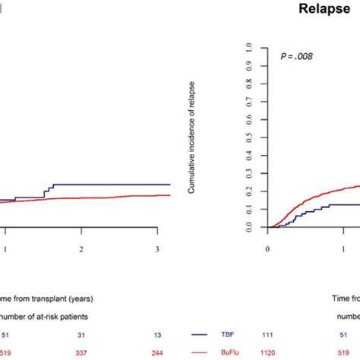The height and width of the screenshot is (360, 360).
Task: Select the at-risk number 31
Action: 81,332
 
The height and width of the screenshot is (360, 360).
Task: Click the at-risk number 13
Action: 156,332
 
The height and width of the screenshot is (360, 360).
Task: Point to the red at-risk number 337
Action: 81,352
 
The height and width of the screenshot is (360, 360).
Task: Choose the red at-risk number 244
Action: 156,352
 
